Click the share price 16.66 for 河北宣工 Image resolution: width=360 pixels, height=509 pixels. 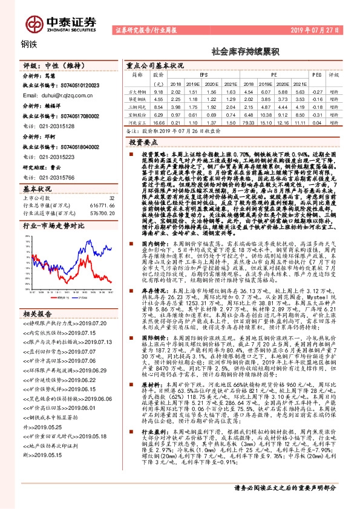(159, 123)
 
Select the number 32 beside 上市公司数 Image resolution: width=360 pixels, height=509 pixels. (111, 198)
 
